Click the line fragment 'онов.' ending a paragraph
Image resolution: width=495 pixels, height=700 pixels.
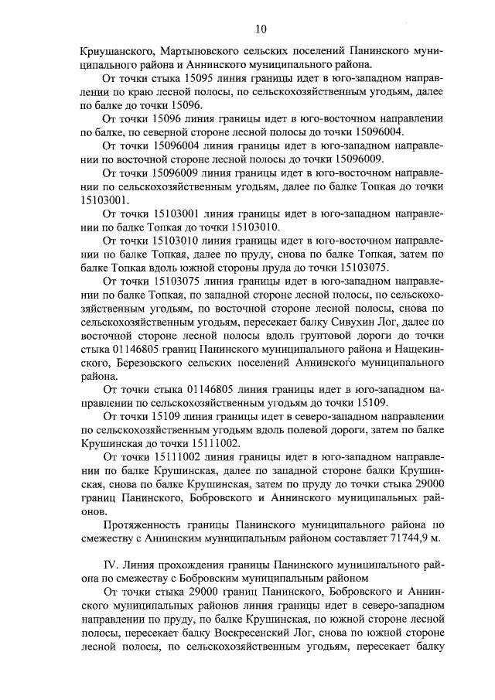(95, 510)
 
